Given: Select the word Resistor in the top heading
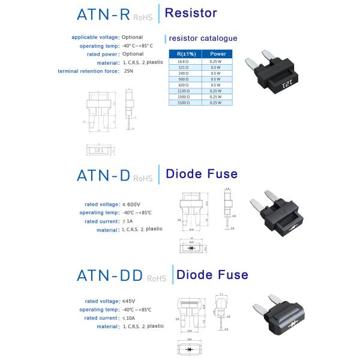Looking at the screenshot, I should (190, 13).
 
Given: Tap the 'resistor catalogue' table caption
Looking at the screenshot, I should (203, 38).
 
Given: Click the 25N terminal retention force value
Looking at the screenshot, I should (128, 71).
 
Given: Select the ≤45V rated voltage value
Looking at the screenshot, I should (128, 301).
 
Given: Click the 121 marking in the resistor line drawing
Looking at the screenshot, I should (101, 151).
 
